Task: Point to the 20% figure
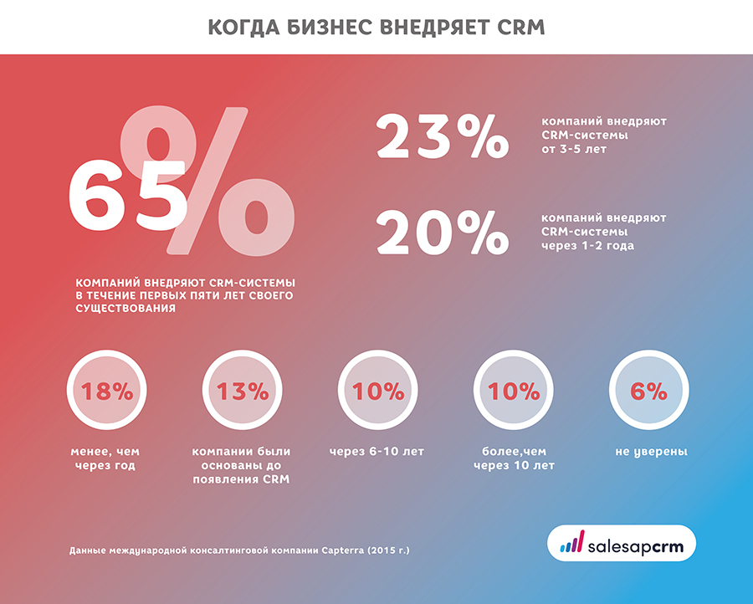pos(442,232)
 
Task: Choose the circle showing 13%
pos(243,392)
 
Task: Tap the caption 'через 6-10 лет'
pos(377,452)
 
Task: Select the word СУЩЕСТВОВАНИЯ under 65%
pos(125,309)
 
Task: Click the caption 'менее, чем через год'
pos(106,458)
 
